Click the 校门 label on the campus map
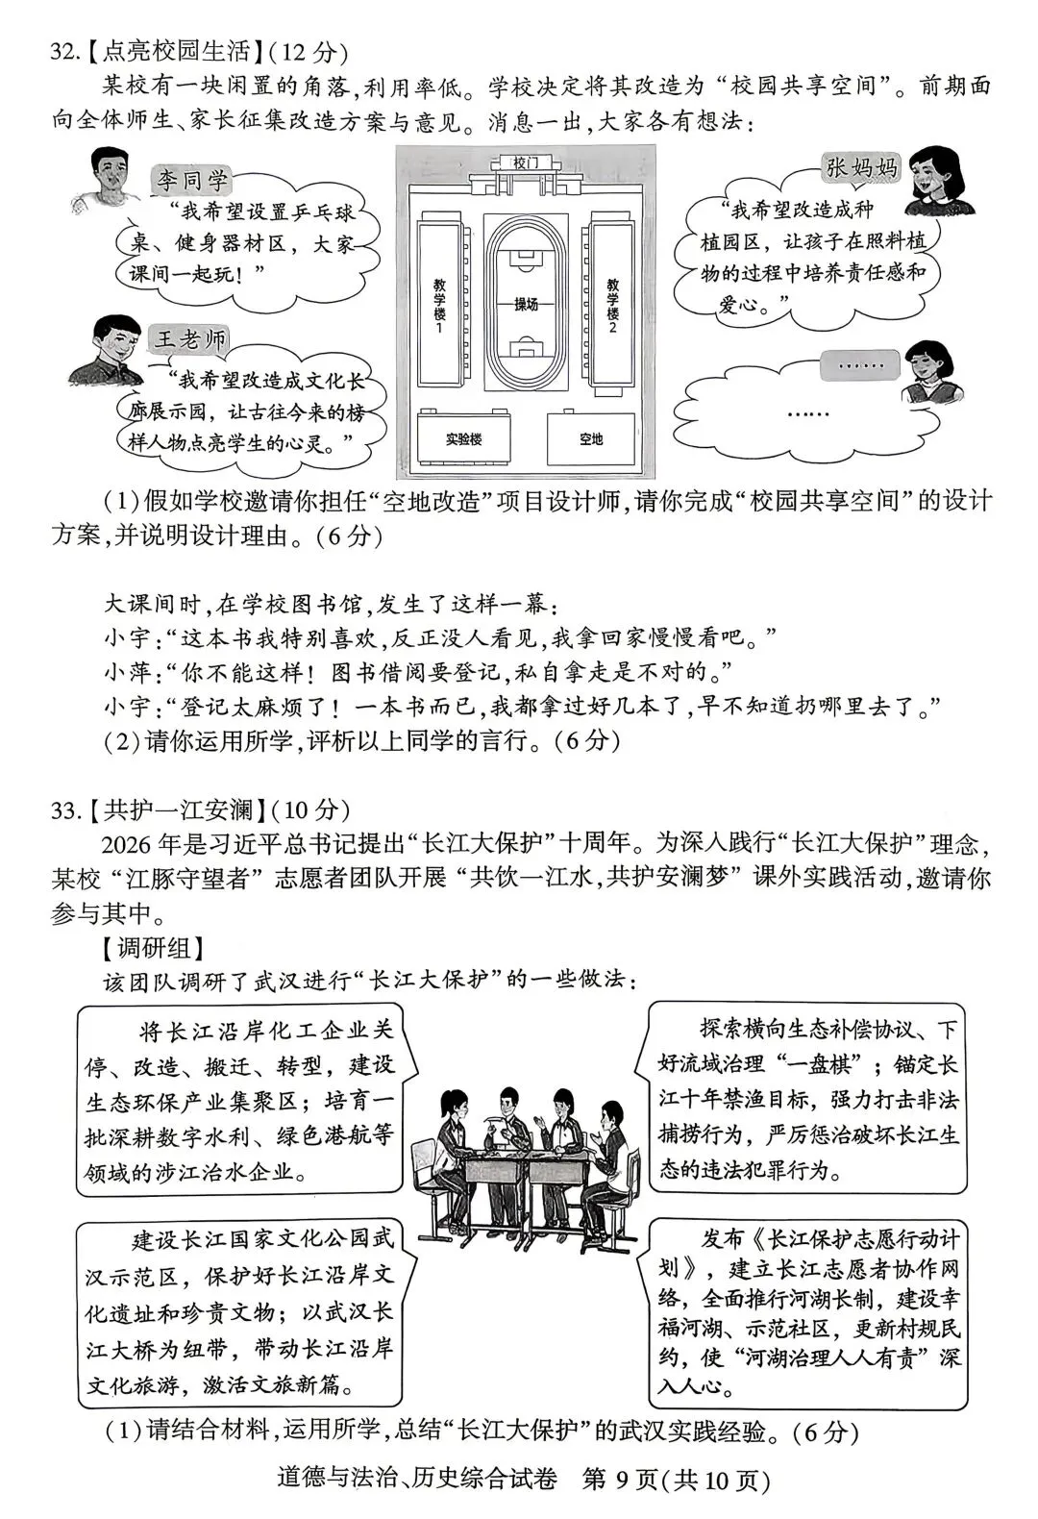(x=526, y=163)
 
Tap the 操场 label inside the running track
(x=526, y=304)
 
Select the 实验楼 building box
(x=462, y=439)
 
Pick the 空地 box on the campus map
(x=590, y=439)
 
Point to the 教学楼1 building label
(x=438, y=306)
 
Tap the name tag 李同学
(x=192, y=179)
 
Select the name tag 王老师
(x=191, y=338)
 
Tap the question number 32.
(x=64, y=52)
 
